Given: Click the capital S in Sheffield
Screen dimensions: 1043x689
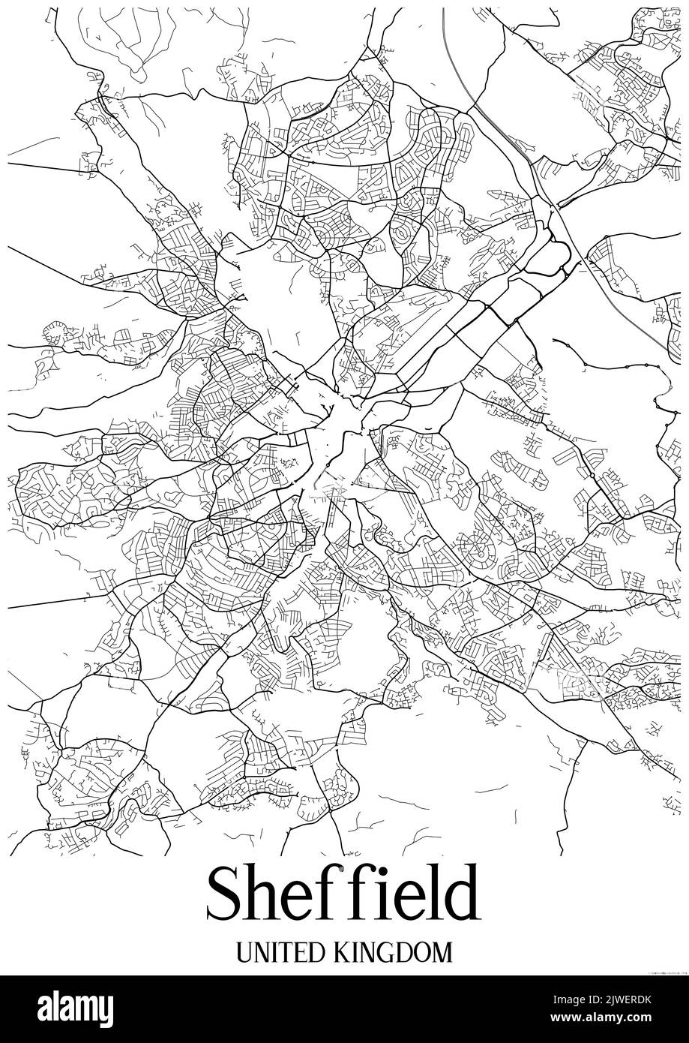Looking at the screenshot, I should [226, 895].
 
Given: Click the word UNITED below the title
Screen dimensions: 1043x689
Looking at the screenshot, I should [280, 952].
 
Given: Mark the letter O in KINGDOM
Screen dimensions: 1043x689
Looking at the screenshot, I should [423, 952].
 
